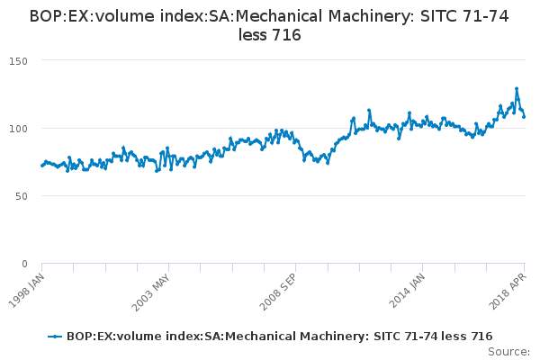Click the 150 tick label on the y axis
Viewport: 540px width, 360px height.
[19, 60]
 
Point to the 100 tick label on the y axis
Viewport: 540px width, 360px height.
[19, 128]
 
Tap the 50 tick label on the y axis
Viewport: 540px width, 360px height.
[22, 196]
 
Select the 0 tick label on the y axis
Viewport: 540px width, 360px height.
[24, 264]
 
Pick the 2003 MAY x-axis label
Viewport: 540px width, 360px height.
[151, 290]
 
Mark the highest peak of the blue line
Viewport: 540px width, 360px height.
[517, 88]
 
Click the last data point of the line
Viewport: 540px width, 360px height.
[524, 116]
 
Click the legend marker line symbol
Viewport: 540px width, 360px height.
[56, 336]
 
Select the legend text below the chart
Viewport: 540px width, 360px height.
[279, 336]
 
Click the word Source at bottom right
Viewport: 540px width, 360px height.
[508, 351]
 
